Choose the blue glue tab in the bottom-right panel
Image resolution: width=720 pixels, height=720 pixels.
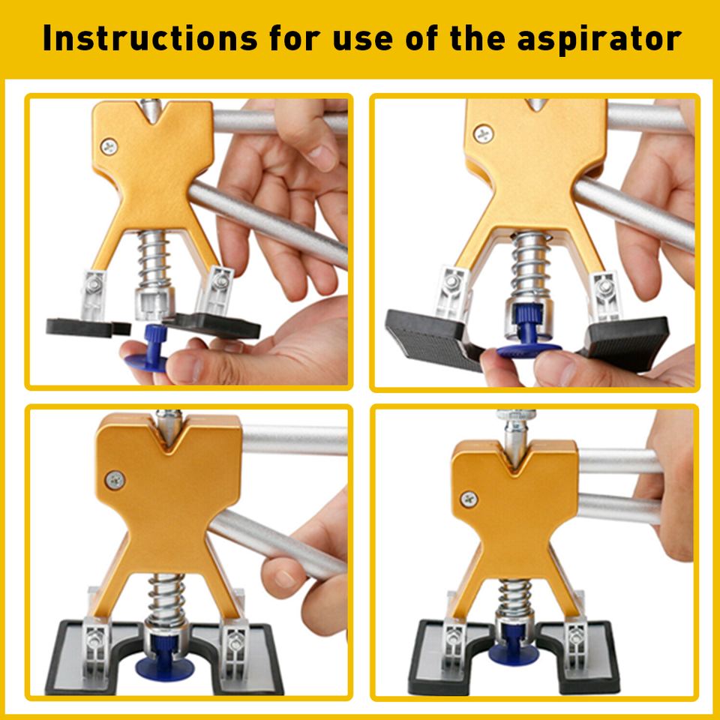pyautogui.click(x=514, y=649)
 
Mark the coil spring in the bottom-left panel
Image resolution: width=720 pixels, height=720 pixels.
pyautogui.click(x=165, y=595)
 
